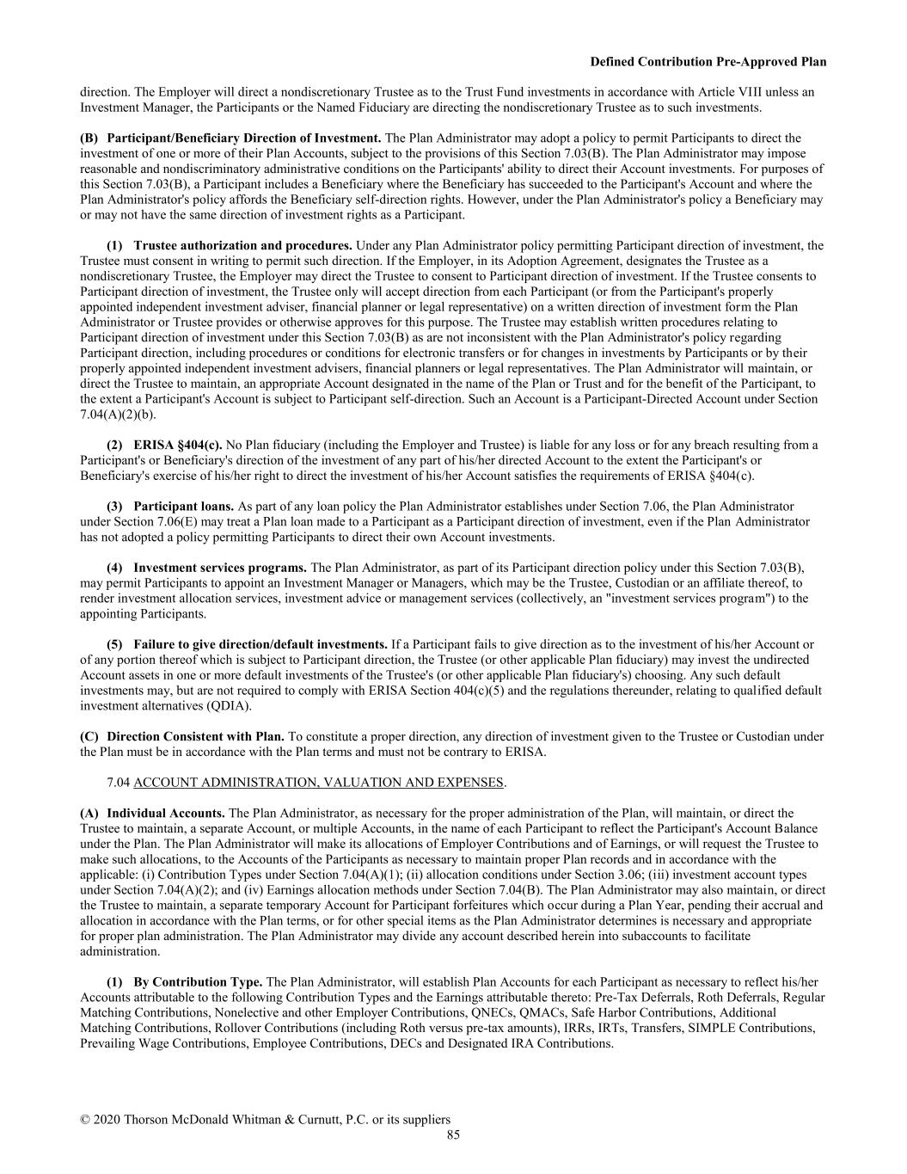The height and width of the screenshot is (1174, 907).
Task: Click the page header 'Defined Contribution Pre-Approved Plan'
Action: click(708, 62)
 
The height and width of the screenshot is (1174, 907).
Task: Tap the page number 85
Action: click(453, 1134)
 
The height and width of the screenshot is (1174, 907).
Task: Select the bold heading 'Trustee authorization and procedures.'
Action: click(242, 245)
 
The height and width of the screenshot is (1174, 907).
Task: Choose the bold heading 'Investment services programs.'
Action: click(220, 567)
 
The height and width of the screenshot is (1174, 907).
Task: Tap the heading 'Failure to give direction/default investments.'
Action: click(260, 644)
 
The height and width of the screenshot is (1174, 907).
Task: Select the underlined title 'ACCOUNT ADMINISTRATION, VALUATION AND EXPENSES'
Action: click(318, 782)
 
